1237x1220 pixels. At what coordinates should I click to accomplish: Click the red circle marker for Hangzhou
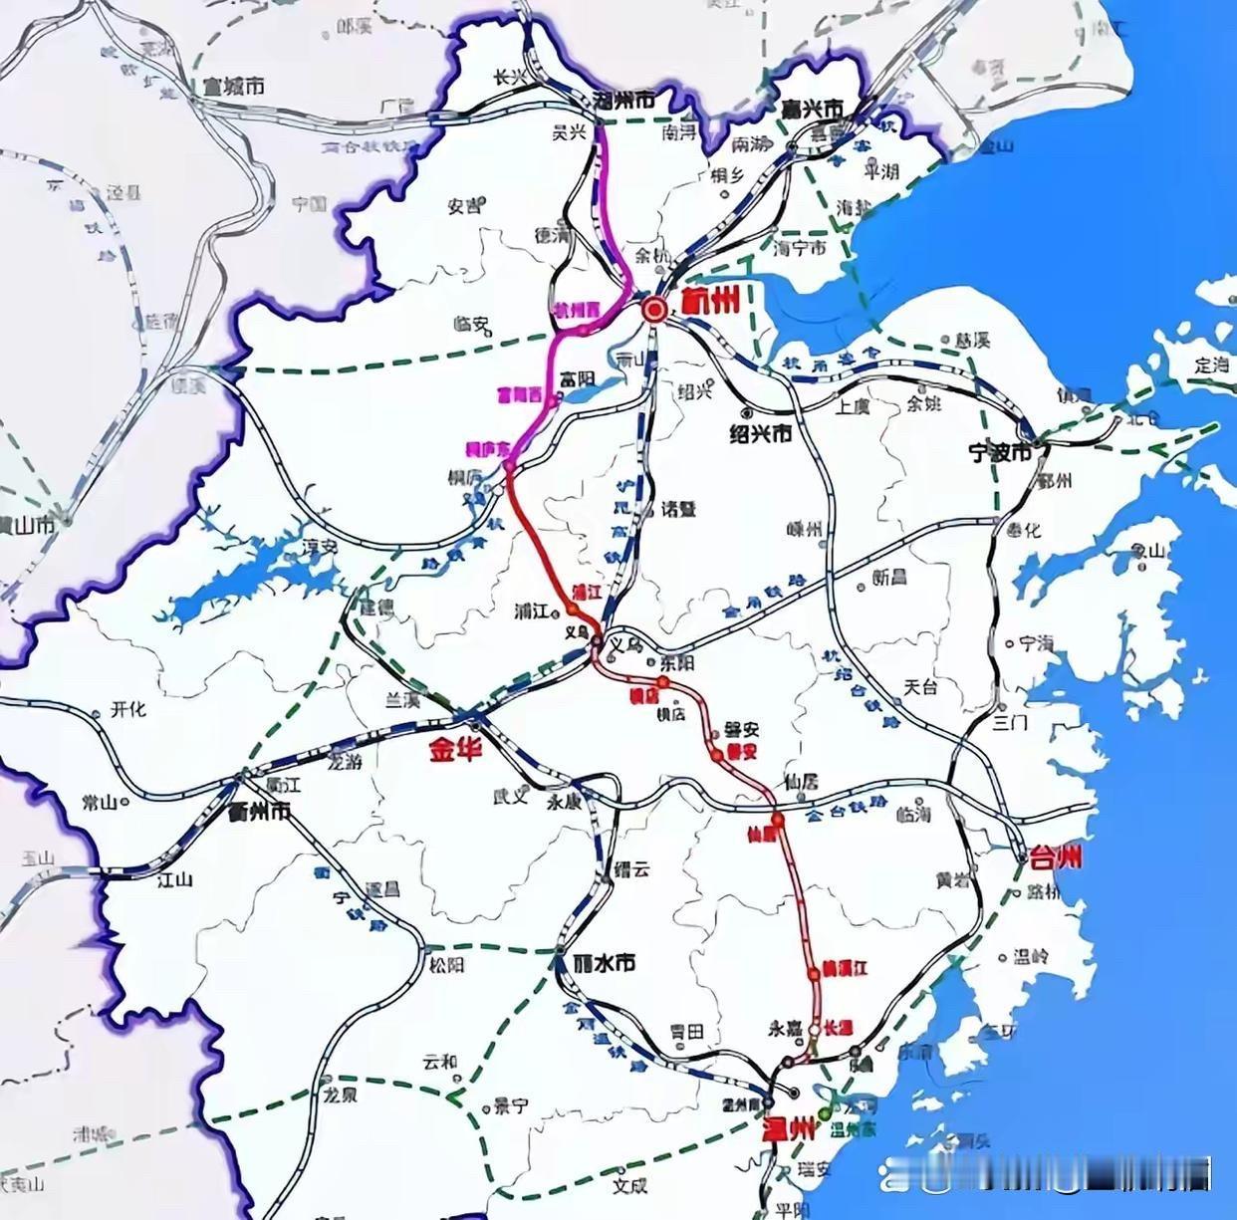coord(654,310)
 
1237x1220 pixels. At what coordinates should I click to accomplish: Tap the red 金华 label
coord(455,749)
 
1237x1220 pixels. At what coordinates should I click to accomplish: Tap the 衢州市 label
coord(259,812)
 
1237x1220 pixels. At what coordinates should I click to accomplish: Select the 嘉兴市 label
coord(813,108)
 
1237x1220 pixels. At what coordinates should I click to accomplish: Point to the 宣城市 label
coord(233,88)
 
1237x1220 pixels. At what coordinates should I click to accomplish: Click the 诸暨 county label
coord(679,509)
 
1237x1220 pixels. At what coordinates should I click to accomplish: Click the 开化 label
coord(128,709)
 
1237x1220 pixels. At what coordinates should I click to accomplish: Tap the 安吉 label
coord(464,206)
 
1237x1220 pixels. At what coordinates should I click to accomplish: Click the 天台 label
coord(920,687)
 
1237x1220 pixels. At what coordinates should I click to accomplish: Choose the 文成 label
coord(629,1185)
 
